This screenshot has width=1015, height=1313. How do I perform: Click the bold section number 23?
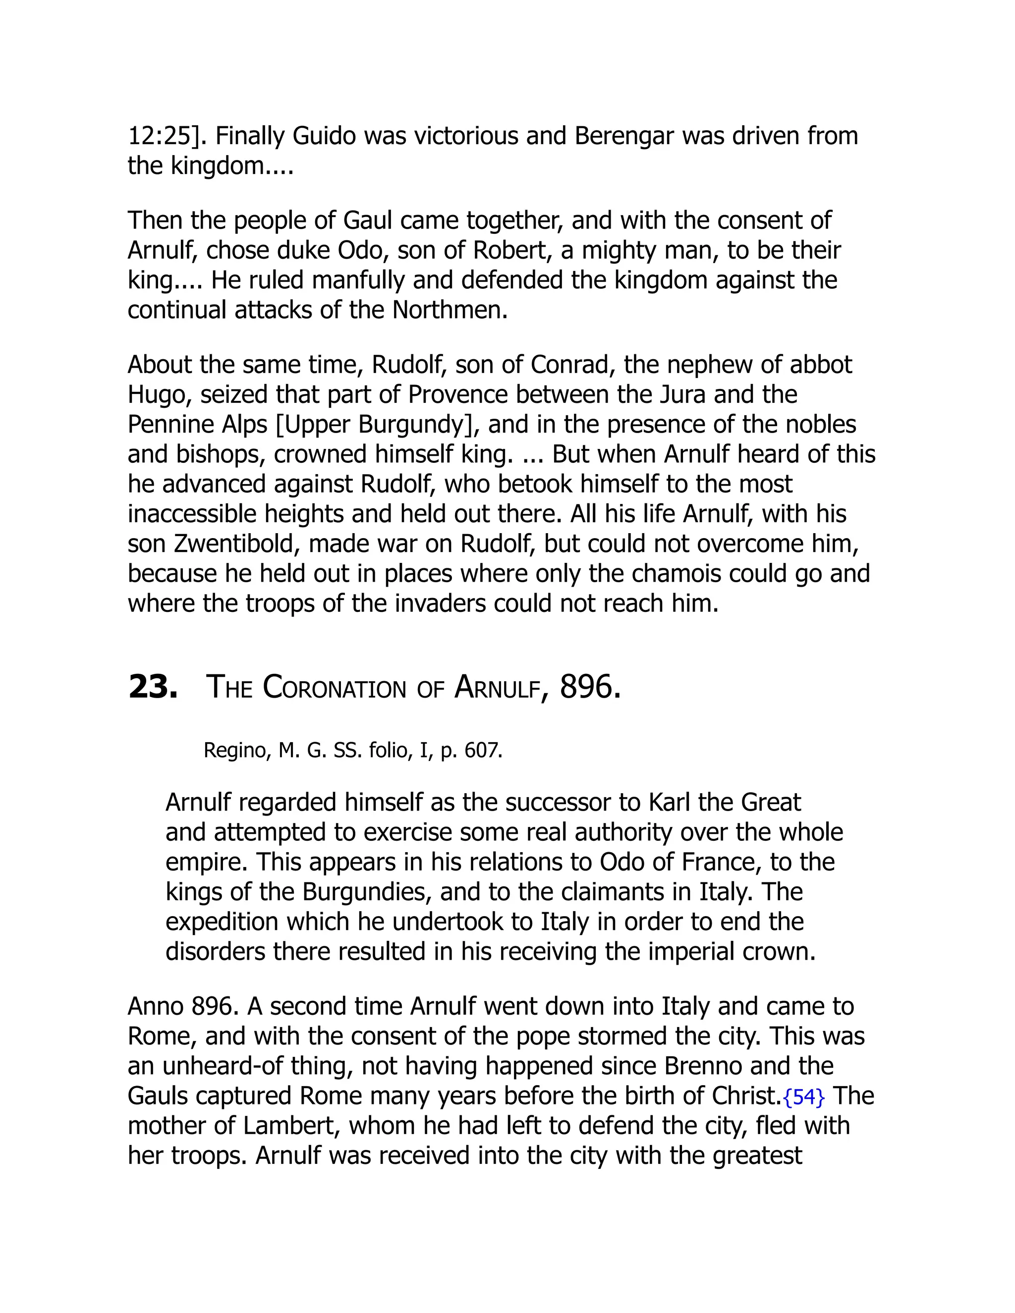(153, 687)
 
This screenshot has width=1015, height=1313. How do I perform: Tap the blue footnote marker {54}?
(804, 1097)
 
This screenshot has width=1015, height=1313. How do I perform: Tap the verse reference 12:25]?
(167, 136)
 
